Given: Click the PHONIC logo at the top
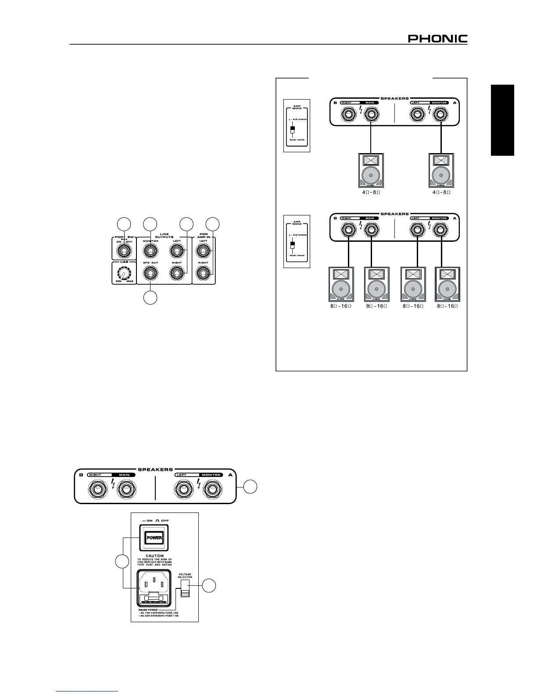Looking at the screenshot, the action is (437, 39).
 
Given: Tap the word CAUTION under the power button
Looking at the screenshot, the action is (154, 555).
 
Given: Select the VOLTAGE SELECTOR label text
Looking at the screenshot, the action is (185, 576).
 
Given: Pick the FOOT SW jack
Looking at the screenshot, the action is (124, 251).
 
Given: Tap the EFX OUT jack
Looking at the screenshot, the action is (150, 274).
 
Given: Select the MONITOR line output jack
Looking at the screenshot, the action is (150, 251).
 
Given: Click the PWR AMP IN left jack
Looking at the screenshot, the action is (203, 251).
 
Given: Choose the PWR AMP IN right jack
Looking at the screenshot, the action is (203, 274).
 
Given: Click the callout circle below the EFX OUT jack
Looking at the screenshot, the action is (150, 297).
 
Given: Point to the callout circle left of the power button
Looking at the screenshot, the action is (122, 562).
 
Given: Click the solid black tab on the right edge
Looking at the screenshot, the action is (502, 120).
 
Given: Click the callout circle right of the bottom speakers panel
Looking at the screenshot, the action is (251, 487).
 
